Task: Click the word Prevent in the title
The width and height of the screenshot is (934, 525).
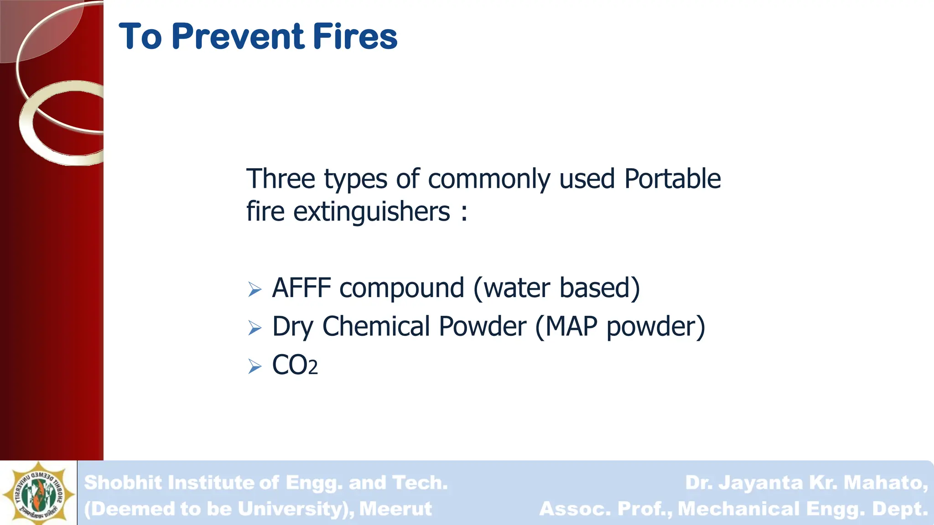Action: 238,36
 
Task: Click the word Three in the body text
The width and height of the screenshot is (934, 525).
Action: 280,179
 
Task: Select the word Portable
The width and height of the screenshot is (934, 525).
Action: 672,179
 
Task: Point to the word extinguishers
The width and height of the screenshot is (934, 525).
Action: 372,212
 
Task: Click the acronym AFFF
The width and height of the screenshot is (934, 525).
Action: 301,288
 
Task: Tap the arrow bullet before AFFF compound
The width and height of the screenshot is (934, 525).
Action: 255,289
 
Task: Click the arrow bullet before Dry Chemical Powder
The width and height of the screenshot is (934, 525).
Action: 255,328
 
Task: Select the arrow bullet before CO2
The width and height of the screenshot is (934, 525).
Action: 255,366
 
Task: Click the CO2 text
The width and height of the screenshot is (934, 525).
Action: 295,365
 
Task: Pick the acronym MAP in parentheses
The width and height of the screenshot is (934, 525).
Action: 571,327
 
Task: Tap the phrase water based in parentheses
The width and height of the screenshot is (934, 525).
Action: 556,288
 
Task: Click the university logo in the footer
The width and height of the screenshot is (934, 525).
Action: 38,492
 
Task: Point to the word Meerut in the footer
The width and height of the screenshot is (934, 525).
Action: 395,509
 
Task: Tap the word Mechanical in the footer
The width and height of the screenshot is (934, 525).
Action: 739,509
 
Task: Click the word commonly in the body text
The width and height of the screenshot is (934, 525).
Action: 489,179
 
